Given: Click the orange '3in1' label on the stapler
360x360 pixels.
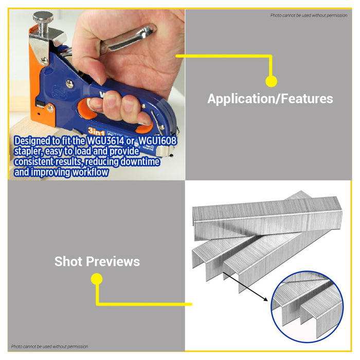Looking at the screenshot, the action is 96,132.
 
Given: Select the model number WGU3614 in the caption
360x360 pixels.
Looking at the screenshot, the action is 105,141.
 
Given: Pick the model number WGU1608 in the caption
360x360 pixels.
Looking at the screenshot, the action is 158,141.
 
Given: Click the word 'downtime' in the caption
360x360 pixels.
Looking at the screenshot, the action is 140,161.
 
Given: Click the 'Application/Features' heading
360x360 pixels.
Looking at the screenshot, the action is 270,99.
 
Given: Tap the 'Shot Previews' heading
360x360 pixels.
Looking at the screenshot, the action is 97,261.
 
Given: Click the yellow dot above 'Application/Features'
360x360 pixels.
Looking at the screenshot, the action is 271,81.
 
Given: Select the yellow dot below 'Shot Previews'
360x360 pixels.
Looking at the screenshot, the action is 97,279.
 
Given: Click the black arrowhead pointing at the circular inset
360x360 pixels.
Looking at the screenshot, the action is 266,299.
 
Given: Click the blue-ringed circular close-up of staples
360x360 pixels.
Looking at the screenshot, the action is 307,307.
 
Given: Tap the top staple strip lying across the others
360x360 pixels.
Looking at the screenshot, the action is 267,218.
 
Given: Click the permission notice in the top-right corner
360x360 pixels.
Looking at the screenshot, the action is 309,15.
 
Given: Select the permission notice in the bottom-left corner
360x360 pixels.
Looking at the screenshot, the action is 49,347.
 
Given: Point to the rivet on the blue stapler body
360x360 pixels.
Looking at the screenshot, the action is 70,84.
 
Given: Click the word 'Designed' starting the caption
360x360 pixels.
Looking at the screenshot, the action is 32,141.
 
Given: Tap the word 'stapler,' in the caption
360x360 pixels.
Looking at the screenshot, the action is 28,151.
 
